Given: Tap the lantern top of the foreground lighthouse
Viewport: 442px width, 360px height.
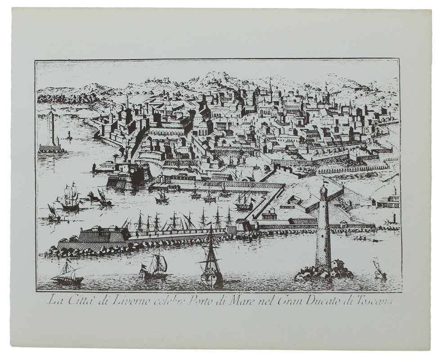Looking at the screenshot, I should click(323, 189).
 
